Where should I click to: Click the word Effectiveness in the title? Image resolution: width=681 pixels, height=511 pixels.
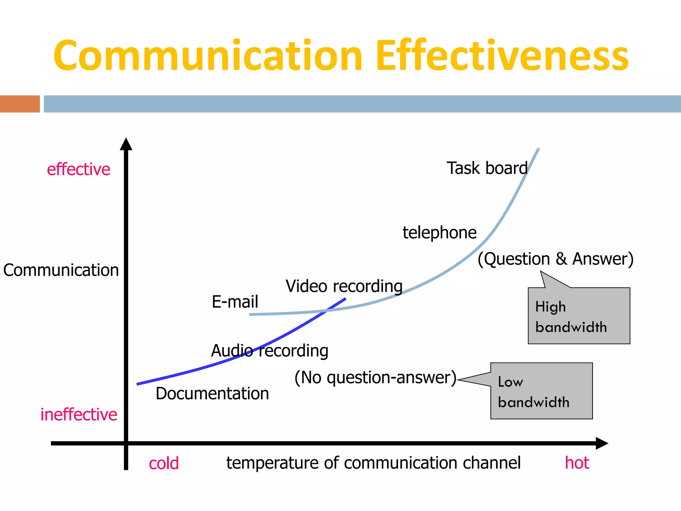502,56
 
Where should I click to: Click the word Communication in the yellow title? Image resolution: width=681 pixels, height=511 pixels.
208,56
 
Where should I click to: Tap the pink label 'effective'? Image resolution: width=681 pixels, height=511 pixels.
78,169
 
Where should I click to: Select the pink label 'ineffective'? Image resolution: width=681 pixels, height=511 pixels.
79,415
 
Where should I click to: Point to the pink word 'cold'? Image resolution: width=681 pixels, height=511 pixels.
164,463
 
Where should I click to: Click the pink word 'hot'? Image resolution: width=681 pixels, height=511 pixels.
577,463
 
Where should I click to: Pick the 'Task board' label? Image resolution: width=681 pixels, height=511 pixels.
487,168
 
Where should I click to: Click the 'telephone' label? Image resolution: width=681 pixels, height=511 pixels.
440,233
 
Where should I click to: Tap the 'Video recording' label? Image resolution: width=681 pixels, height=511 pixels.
344,286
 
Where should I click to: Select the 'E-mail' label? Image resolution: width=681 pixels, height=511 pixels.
235,302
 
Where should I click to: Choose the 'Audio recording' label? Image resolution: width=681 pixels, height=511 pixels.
270,351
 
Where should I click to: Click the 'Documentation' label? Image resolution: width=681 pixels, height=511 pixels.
212,394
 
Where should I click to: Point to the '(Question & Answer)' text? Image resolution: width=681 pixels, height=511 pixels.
556,259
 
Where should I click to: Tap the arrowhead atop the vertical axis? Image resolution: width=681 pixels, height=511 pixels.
126,144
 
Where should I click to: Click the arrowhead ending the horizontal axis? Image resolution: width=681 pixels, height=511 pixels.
602,443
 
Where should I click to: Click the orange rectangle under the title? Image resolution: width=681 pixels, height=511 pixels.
20,104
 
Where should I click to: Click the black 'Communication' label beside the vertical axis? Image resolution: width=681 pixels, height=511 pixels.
61,270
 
